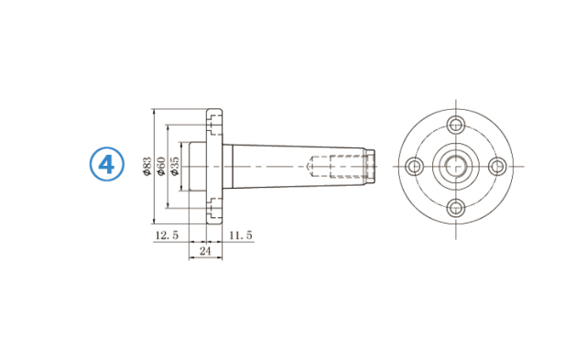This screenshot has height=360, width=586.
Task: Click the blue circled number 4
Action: (107, 165)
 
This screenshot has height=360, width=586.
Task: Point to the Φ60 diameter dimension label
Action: (161, 167)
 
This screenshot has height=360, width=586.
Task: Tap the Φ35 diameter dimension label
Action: (175, 167)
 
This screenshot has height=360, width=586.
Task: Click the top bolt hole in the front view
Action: (456, 125)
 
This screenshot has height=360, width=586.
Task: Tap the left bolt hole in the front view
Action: (415, 166)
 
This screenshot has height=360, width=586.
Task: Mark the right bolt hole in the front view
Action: (497, 166)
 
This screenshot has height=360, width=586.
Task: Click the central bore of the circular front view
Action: (456, 166)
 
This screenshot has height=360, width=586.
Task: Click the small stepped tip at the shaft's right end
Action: (371, 166)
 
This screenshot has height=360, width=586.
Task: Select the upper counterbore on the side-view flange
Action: (214, 119)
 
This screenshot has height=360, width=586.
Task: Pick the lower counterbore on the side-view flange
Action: (214, 213)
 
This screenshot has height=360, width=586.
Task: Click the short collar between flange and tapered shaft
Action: (226, 166)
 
